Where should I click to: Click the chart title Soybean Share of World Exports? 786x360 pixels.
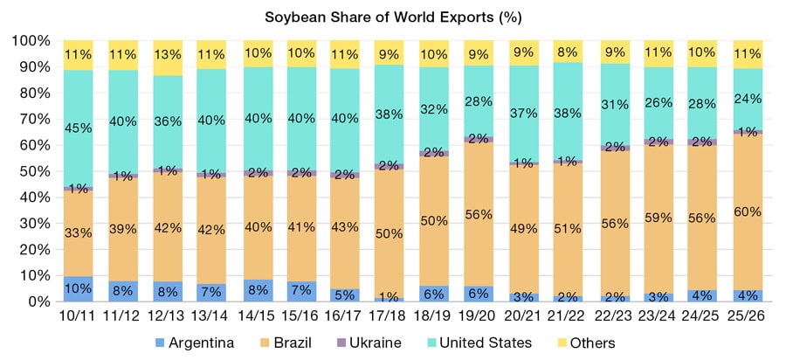pyautogui.click(x=393, y=17)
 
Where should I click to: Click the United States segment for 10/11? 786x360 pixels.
pyautogui.click(x=79, y=128)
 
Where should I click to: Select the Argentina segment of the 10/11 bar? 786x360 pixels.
pyautogui.click(x=79, y=288)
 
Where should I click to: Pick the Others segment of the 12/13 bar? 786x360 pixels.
pyautogui.click(x=169, y=58)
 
